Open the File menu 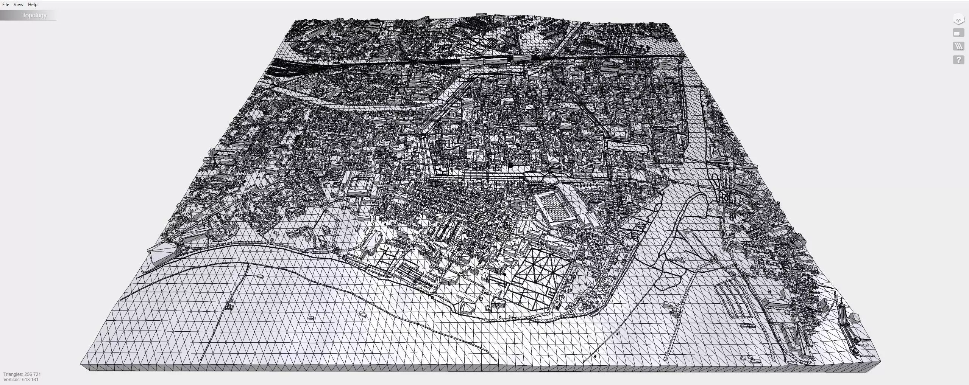pyautogui.click(x=6, y=5)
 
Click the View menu pyautogui.click(x=18, y=5)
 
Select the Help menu pyautogui.click(x=33, y=5)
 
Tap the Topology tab pyautogui.click(x=34, y=16)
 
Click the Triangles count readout pyautogui.click(x=22, y=374)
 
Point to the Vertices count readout pyautogui.click(x=21, y=379)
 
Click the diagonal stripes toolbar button pyautogui.click(x=958, y=46)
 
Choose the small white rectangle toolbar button pyautogui.click(x=958, y=33)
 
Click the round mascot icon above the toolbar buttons pyautogui.click(x=958, y=20)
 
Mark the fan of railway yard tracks pyautogui.click(x=280, y=68)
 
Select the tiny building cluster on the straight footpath pyautogui.click(x=229, y=306)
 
